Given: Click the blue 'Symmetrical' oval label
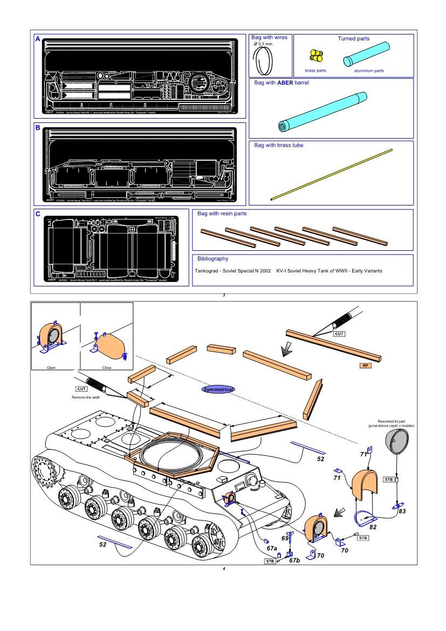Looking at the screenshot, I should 218,388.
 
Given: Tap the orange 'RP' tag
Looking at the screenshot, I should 366,365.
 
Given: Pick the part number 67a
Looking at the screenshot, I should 272,548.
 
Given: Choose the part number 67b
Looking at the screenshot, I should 294,561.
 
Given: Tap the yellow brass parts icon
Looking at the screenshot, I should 315,56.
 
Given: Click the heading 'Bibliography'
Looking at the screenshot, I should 212,259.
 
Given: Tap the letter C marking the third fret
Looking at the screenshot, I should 38,214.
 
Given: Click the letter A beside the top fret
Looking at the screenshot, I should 37,39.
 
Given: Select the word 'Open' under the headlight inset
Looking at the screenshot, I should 51,367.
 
